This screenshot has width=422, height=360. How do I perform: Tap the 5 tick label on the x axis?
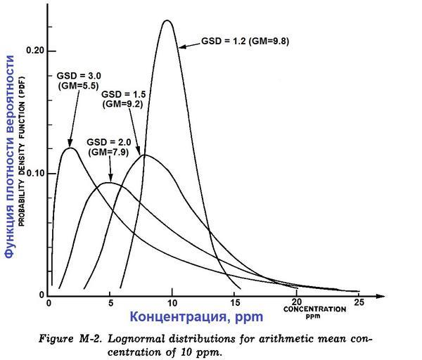coord(110,303)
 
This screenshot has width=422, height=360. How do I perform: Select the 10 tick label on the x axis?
coord(172,303)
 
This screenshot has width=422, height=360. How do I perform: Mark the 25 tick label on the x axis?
coord(359,303)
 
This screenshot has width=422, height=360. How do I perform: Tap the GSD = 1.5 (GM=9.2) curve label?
coord(123,98)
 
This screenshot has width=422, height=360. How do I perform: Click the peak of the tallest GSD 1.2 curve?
coord(167,20)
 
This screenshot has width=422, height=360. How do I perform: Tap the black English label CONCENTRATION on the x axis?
coord(314,309)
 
